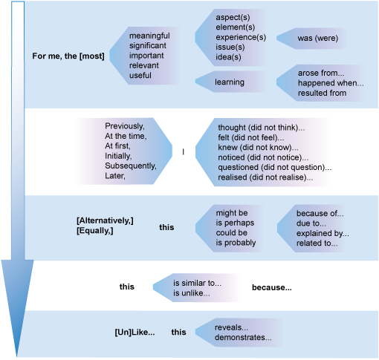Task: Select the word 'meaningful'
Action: tap(149, 36)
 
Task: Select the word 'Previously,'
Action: tap(126, 125)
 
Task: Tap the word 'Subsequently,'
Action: tap(130, 166)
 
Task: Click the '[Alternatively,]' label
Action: tap(105, 222)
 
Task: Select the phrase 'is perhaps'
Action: tap(233, 222)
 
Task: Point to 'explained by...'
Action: tap(322, 232)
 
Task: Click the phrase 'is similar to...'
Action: tap(197, 284)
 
